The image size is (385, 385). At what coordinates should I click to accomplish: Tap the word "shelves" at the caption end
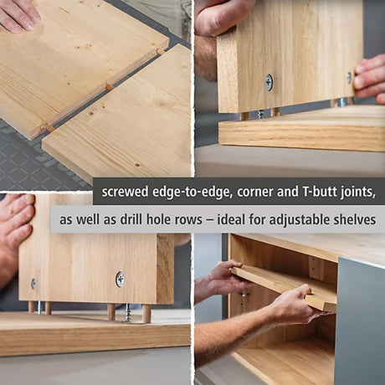point(355,219)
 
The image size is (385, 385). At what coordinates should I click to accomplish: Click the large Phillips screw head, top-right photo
point(269,82)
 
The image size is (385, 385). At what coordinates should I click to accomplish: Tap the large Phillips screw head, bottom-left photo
point(120,280)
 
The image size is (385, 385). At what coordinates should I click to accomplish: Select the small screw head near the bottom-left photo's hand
point(33,284)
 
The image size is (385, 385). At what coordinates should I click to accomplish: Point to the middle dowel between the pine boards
point(109,87)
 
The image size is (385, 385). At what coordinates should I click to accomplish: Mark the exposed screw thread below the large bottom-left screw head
point(127,313)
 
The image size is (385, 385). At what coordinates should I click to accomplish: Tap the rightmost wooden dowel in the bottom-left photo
point(146,314)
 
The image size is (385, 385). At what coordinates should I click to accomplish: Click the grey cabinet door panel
point(360,321)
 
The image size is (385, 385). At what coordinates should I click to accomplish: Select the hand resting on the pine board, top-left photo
point(19,15)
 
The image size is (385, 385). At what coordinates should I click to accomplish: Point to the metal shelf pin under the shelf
point(244,295)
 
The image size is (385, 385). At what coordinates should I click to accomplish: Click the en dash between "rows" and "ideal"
point(210,220)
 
